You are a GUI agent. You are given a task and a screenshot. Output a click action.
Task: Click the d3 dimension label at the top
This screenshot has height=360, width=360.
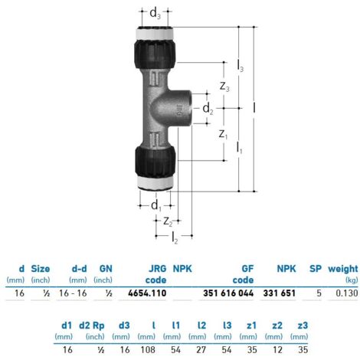pos(155,13)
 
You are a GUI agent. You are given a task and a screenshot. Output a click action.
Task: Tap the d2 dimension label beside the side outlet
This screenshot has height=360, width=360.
pos(208,109)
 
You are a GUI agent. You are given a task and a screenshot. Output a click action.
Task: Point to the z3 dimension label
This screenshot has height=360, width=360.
pos(224,87)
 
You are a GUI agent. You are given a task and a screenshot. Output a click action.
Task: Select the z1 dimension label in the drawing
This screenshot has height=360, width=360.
pos(223,134)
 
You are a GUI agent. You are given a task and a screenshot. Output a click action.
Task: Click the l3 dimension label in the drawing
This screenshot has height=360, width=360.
pos(241,66)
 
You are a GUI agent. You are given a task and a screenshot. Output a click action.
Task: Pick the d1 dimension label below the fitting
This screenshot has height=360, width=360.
pos(156,205)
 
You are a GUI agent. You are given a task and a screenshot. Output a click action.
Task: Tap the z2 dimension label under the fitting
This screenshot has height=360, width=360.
pos(168,221)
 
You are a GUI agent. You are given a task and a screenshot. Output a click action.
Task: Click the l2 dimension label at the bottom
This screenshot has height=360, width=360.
pos(175,237)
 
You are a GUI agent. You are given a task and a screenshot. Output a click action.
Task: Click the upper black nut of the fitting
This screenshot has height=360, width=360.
pos(155,54)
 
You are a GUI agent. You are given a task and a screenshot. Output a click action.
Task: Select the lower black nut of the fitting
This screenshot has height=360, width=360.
pos(155,161)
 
